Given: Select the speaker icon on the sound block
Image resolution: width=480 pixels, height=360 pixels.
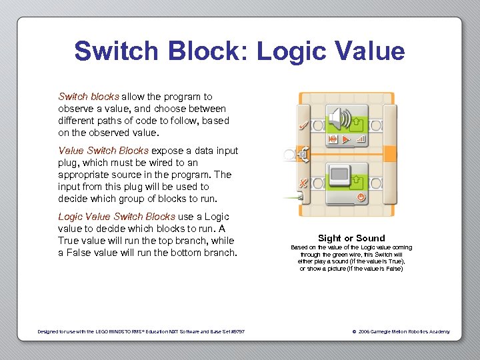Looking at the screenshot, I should coord(339,118).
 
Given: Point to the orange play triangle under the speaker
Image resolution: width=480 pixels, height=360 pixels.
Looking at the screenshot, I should coord(346,139).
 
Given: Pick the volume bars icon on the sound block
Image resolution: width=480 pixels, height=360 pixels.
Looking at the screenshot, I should coord(361,139).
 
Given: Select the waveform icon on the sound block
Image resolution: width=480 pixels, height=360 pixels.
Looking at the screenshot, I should coord(332,139).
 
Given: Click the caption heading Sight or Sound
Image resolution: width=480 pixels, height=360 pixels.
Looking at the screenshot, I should coord(351,238).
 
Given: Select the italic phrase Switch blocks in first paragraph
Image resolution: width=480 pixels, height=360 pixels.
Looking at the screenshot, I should coord(89,97).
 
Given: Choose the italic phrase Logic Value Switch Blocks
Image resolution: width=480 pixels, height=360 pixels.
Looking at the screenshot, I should coord(116,217).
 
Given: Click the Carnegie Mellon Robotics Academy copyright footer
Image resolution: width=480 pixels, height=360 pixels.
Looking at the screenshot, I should coord(400,331).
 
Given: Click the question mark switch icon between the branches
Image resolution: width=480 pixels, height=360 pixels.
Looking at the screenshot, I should coord(302,155).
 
